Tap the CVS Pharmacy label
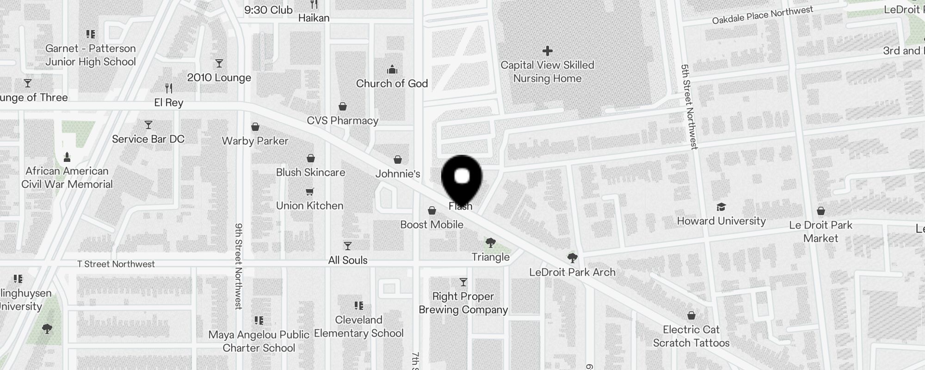click(x=342, y=121)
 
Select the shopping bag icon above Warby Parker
click(x=255, y=127)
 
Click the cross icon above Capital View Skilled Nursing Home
click(x=548, y=50)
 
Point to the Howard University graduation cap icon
click(x=721, y=207)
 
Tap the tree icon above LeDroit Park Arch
click(x=572, y=258)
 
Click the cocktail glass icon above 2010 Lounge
click(x=219, y=63)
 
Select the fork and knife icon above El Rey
click(x=169, y=88)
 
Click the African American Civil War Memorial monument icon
click(x=67, y=157)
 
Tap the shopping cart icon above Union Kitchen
click(x=310, y=191)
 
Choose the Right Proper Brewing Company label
click(x=463, y=303)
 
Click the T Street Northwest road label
click(x=116, y=264)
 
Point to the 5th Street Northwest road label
click(x=689, y=106)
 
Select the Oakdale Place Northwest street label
click(x=762, y=15)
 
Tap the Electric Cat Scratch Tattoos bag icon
click(x=691, y=315)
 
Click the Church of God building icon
click(x=392, y=70)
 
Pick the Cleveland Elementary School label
click(x=359, y=327)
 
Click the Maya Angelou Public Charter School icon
click(x=259, y=320)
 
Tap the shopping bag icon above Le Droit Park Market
click(x=821, y=211)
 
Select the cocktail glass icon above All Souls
click(x=348, y=246)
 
